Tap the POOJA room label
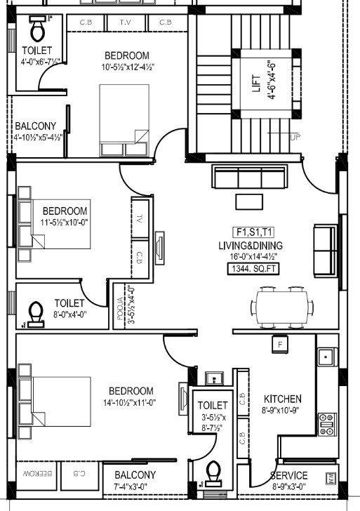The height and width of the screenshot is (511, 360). coord(121,307)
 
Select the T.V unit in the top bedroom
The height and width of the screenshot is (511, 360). coord(125,22)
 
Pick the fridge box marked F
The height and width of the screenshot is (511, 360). coord(281,345)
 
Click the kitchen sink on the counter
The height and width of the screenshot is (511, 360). coord(326,357)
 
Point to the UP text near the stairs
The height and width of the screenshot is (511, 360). coord(295,138)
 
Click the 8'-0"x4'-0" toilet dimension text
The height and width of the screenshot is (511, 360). coord(69,314)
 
